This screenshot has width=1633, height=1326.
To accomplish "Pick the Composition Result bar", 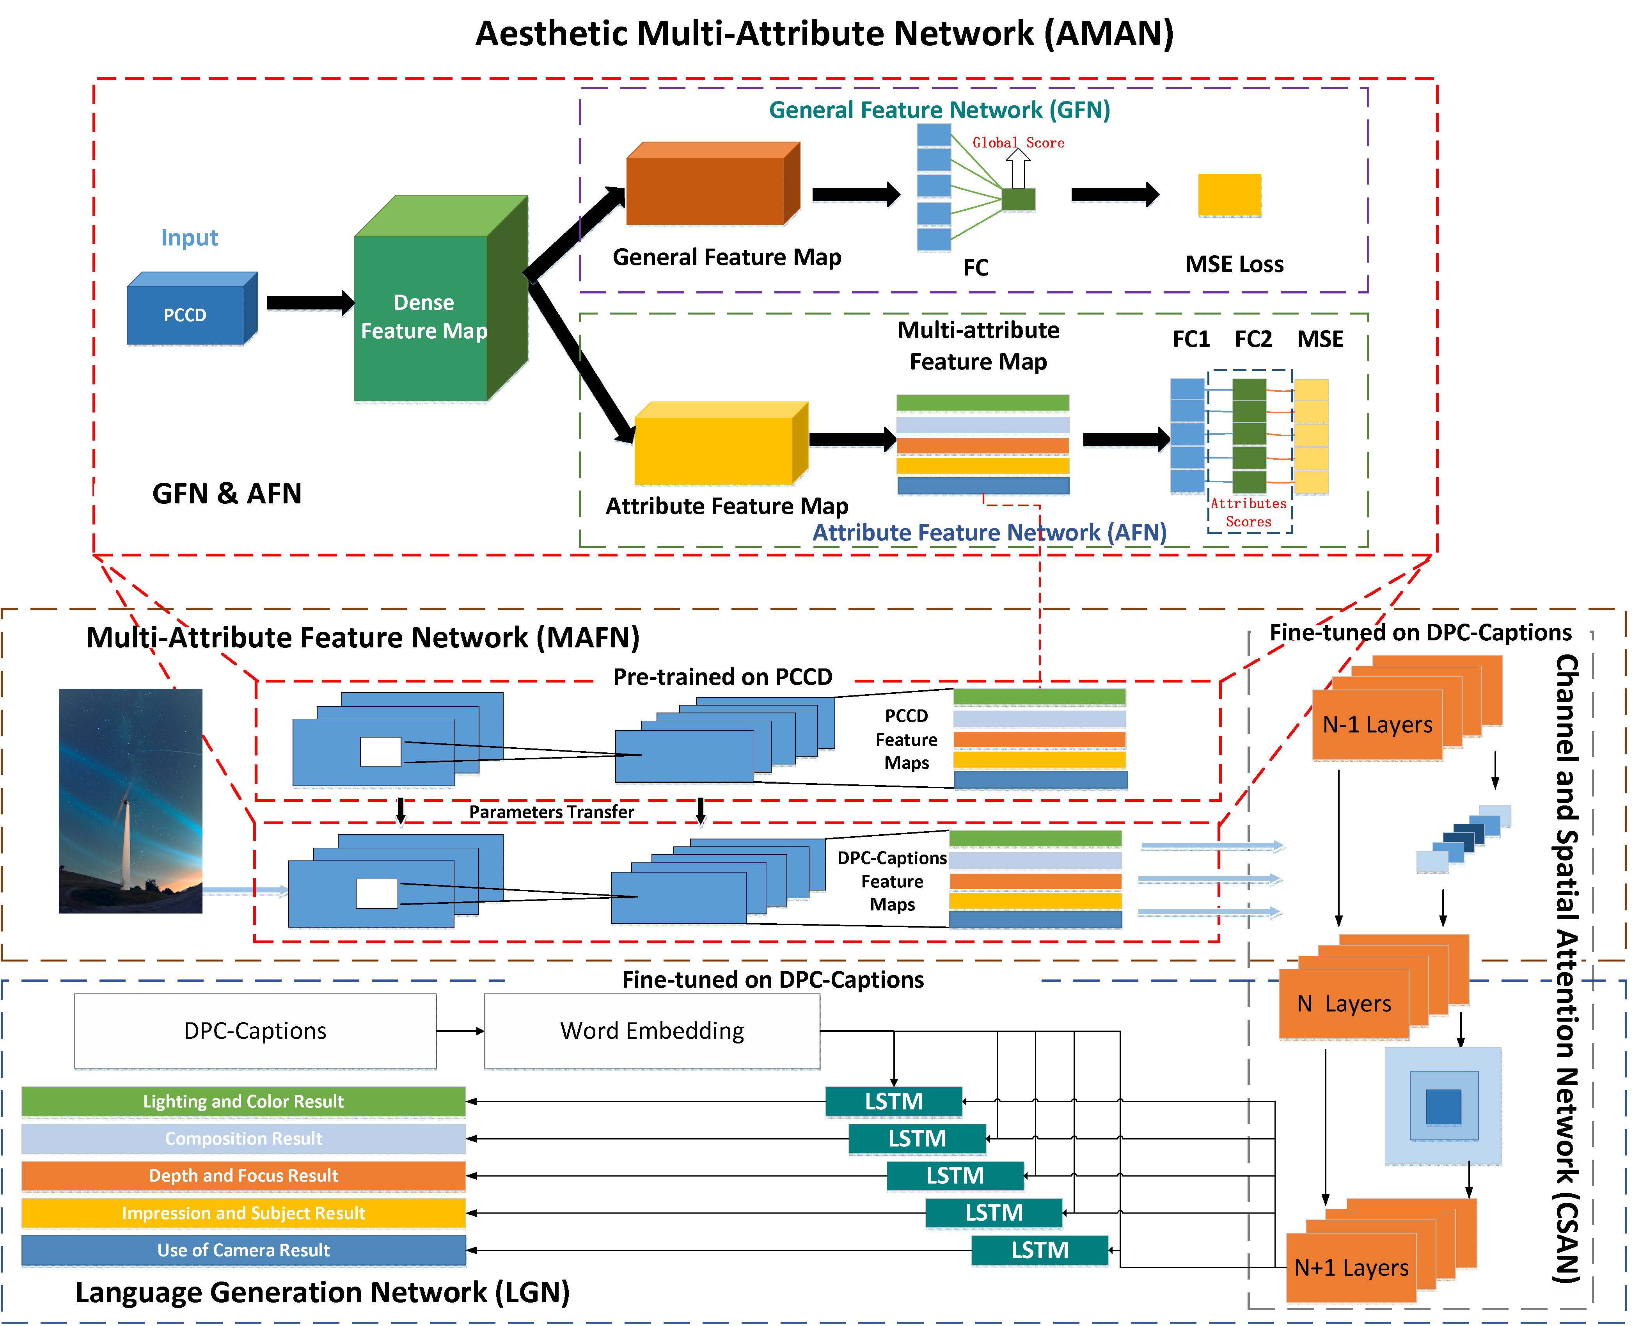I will [x=243, y=1138].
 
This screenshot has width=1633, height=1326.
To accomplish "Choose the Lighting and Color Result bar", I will [x=243, y=1101].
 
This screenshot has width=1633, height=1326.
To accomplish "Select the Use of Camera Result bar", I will [x=243, y=1250].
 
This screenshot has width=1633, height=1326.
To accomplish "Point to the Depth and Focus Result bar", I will [x=243, y=1175].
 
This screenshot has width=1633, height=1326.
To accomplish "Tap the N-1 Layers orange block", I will [x=1377, y=724].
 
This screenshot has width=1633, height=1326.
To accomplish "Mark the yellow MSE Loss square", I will [x=1229, y=195].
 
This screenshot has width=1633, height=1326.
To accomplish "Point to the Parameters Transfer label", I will [x=551, y=812].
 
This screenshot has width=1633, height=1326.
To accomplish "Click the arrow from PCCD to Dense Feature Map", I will [x=309, y=302].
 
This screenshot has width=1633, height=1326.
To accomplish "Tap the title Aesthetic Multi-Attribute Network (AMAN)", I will [x=825, y=34].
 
